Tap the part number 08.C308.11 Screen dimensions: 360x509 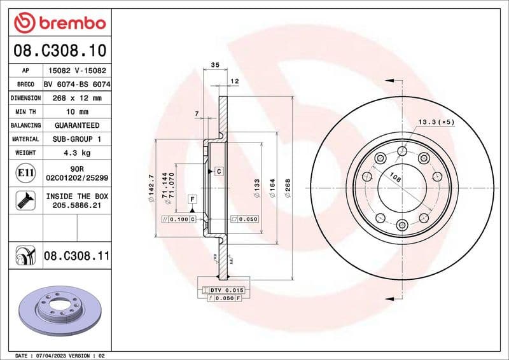point(76,256)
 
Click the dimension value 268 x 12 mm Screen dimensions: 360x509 point(76,98)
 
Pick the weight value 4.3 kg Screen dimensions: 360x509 point(76,153)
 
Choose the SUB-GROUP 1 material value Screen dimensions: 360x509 point(76,139)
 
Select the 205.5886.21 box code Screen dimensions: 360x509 point(76,205)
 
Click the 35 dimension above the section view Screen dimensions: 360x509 point(214,66)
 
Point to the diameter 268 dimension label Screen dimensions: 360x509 point(288,189)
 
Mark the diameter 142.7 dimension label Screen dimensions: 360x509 point(151,188)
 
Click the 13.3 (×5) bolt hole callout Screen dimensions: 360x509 point(436,121)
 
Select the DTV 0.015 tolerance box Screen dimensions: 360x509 point(223,290)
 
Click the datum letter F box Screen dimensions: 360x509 point(190,200)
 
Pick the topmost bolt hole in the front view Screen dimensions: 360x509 point(402,151)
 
